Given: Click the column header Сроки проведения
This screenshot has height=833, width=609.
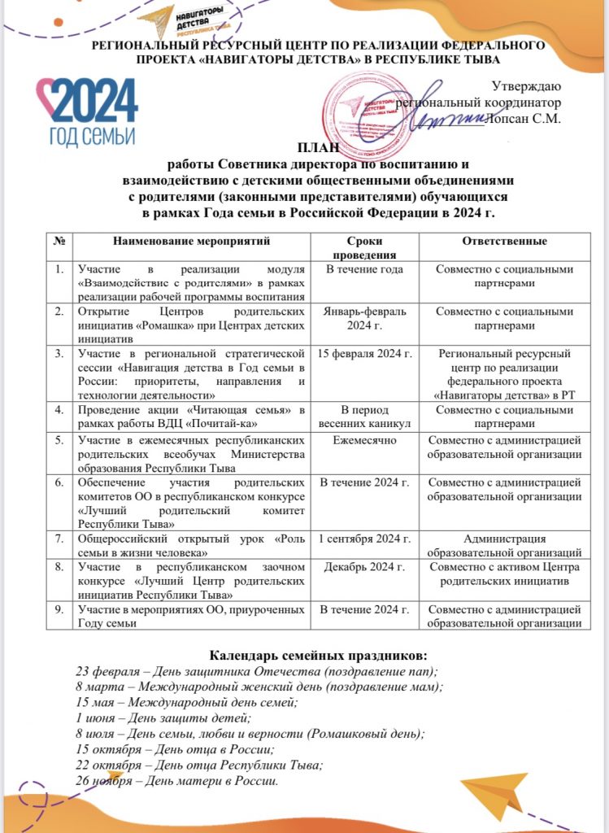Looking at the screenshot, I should coord(363,247).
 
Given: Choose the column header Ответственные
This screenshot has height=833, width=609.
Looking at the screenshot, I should coord(504,242).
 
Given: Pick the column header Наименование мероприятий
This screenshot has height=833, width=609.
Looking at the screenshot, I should coord(192,242).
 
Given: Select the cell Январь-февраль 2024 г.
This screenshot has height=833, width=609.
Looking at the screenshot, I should coord(363,318).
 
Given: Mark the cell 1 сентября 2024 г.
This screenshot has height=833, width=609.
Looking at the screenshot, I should coord(363,539).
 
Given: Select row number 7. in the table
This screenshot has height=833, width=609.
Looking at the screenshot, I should coord(59,539).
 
